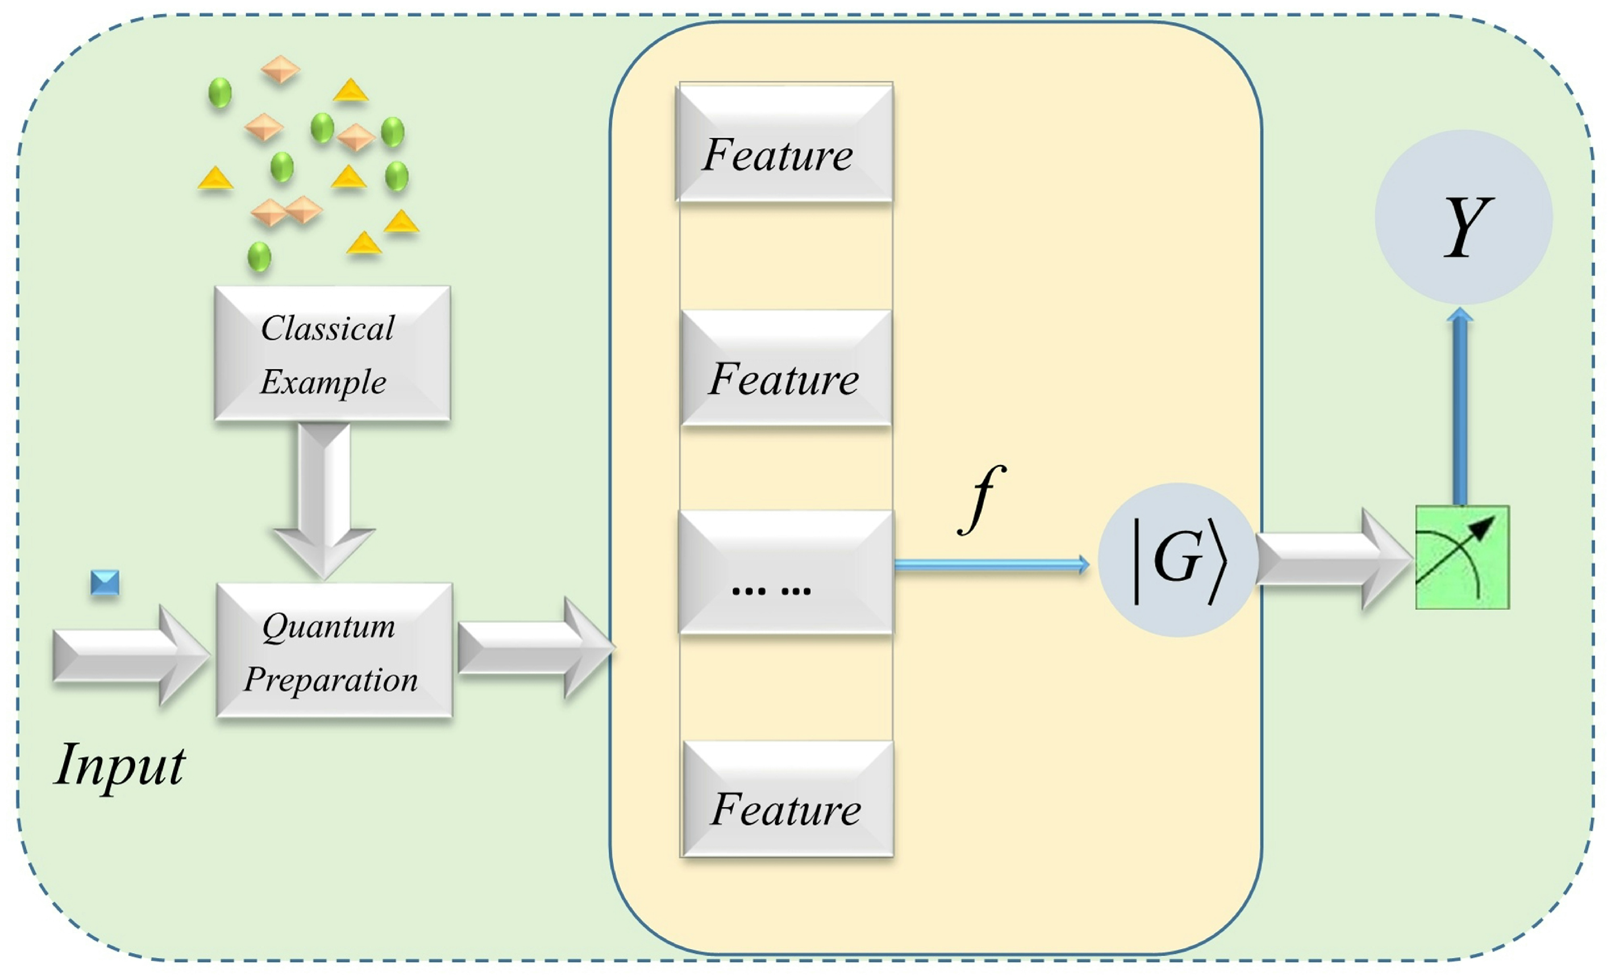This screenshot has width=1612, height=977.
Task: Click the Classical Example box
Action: (332, 353)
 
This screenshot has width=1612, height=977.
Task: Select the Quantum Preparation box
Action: (333, 650)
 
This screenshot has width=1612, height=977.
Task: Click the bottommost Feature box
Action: (788, 799)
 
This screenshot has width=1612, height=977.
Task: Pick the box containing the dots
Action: (785, 572)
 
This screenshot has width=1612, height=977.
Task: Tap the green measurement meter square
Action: (1462, 557)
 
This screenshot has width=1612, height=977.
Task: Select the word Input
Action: (120, 765)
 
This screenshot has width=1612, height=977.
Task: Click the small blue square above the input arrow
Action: (105, 582)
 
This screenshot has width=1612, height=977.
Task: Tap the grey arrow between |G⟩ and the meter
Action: (1331, 559)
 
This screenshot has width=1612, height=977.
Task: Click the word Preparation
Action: (331, 680)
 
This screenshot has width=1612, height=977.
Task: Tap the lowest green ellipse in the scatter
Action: (259, 257)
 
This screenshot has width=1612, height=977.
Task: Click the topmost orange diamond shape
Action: (281, 69)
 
